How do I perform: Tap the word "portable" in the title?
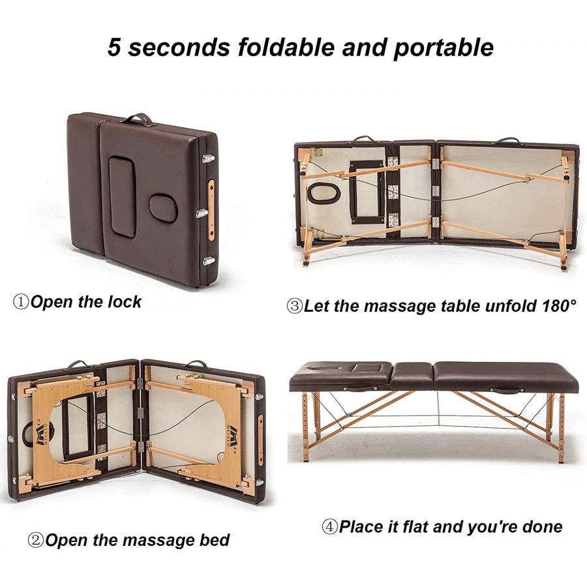[444, 48]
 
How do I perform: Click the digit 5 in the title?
[114, 48]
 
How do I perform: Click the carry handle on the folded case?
[138, 119]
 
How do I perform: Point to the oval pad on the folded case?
[163, 208]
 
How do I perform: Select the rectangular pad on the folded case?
[123, 196]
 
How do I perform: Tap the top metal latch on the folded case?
[209, 158]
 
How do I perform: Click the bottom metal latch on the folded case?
[209, 260]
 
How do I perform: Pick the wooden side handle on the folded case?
[211, 210]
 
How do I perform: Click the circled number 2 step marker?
[36, 540]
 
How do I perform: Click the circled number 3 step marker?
[294, 306]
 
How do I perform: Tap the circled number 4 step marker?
[330, 527]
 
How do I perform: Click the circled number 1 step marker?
[21, 302]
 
